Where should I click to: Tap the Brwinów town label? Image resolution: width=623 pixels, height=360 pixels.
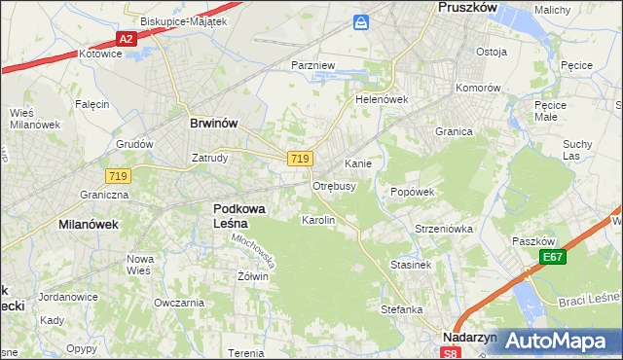(213, 124)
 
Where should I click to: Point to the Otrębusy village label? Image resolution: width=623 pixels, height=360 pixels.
(334, 185)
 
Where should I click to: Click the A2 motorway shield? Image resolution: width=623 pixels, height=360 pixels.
(126, 39)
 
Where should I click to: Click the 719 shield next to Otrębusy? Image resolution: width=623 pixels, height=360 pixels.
(300, 159)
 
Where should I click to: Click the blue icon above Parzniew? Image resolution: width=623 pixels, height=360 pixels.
(362, 21)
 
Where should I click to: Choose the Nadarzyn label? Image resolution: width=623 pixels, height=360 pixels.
(469, 337)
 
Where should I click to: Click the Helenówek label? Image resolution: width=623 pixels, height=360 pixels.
(381, 99)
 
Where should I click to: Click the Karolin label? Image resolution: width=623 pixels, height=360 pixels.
(318, 221)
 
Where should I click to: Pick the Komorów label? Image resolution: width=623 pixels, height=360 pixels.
(479, 87)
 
